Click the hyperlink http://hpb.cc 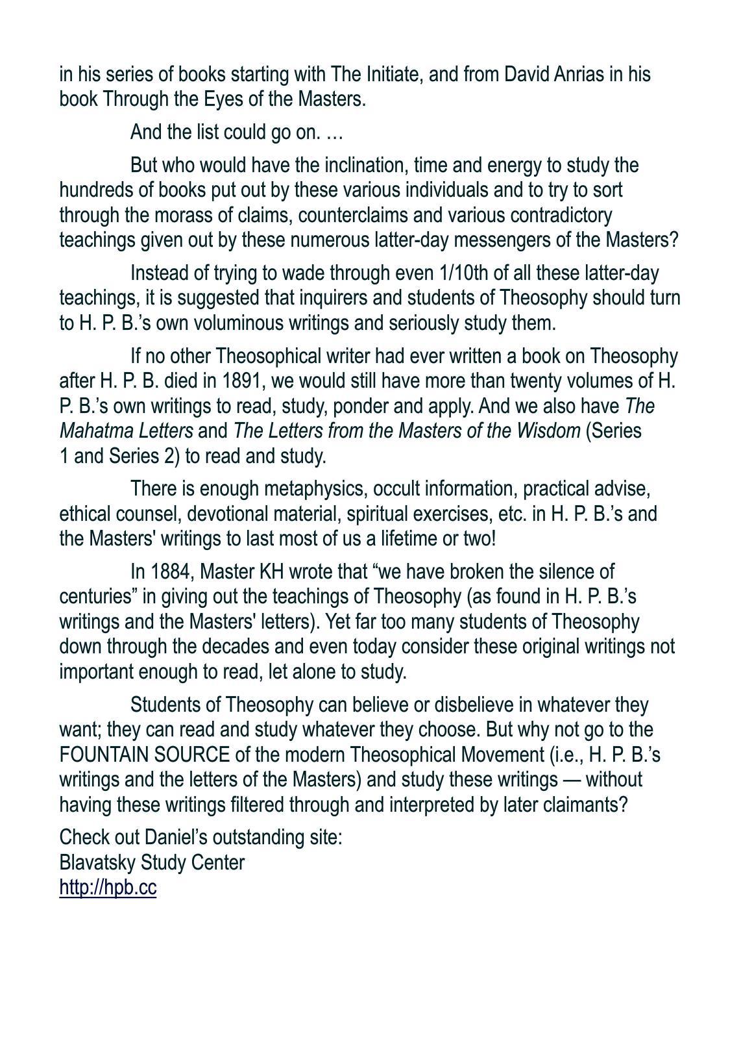pyautogui.click(x=108, y=887)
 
